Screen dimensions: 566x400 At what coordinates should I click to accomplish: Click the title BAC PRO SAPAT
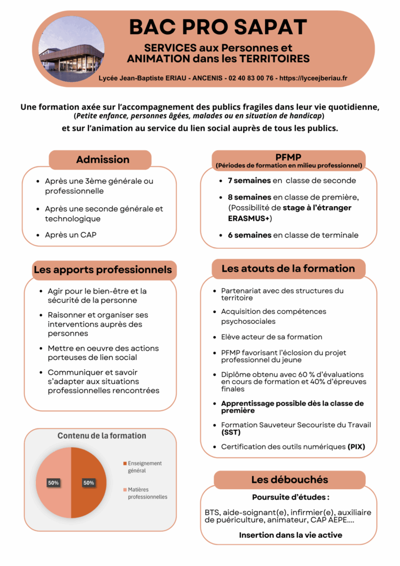coord(218,27)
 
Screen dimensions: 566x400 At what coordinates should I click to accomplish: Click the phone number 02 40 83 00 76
coord(250,78)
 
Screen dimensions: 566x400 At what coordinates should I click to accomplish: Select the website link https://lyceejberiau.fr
coord(313,78)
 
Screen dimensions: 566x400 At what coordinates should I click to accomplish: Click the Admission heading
coord(103,160)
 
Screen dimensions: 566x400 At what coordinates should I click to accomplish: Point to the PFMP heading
coord(288,156)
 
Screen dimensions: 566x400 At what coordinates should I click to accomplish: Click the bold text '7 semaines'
coord(249,180)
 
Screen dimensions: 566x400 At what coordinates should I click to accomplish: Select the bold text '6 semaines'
coord(249,235)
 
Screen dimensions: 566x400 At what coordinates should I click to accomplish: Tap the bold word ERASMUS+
coord(249,218)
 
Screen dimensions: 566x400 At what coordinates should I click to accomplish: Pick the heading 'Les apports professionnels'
coord(103,270)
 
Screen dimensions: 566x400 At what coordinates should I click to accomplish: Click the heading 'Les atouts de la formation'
coord(288,269)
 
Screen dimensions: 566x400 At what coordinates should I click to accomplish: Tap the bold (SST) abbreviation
coord(231,432)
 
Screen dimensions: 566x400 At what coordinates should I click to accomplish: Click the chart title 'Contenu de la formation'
coord(102,436)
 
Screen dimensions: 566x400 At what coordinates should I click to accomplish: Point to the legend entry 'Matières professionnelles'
coord(147,493)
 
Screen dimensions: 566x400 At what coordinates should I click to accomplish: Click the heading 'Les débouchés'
coord(290,480)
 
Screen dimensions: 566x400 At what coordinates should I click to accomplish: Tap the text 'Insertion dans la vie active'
coord(290,535)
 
